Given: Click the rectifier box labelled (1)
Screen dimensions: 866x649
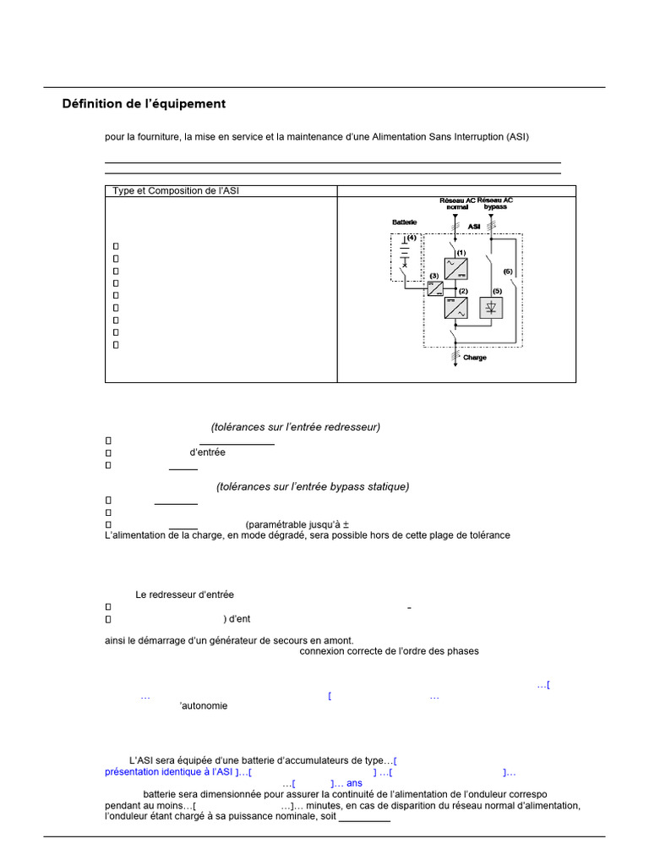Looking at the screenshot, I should [x=456, y=270].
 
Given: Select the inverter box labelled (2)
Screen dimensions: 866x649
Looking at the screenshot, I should [x=456, y=308].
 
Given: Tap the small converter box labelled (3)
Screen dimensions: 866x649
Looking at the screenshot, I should [x=434, y=288].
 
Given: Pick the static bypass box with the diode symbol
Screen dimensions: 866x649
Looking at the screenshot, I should [x=491, y=308].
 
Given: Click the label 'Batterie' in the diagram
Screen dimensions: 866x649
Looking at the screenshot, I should [x=404, y=222].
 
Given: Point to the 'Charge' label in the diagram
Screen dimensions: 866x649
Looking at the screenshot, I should [x=475, y=358].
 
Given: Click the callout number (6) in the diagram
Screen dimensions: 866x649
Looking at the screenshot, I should [x=507, y=271].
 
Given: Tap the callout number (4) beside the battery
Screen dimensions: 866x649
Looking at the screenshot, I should [x=412, y=238].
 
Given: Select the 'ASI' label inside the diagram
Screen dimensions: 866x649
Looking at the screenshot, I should [x=474, y=227].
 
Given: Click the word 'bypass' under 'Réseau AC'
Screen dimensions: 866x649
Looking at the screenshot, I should [x=496, y=206].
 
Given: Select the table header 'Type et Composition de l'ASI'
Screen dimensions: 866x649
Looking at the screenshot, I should [x=176, y=191].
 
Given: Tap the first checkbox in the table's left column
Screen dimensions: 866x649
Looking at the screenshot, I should [x=116, y=246].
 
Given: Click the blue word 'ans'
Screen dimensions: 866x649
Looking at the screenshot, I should [x=354, y=783].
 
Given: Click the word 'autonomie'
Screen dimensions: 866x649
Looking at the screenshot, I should [x=204, y=706].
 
